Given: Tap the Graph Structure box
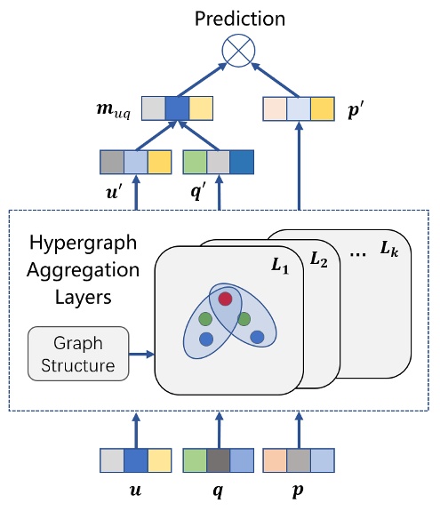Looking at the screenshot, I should click(x=78, y=354).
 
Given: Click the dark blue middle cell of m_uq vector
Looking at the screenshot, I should click(x=176, y=108).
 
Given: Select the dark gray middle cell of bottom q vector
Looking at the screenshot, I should click(x=218, y=460).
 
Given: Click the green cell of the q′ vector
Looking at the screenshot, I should click(x=195, y=163).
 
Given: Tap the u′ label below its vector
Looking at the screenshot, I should click(x=111, y=192).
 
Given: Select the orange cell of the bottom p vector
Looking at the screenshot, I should click(x=276, y=460).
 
